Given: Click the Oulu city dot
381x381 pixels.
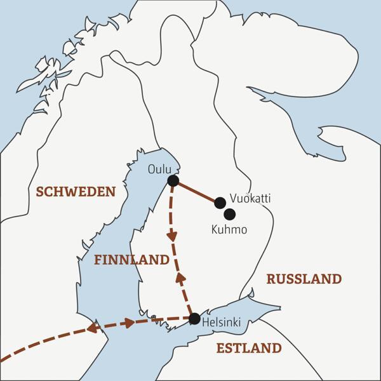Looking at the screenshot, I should coord(173,182).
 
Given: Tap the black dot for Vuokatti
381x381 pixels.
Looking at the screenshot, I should coord(220,203).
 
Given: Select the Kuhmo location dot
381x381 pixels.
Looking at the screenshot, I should coord(230,214).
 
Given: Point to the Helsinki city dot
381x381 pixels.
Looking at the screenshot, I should coord(194,318).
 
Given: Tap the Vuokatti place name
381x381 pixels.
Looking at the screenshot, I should coord(251,199).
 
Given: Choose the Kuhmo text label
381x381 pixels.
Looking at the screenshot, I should coord(229,230).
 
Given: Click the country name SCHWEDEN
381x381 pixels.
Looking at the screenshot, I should coord(76,191).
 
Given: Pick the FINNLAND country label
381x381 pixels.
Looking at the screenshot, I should coord(131,260).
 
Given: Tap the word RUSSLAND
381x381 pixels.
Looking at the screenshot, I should coord(304,279).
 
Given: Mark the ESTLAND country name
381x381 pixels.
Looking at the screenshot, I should coord(248,348).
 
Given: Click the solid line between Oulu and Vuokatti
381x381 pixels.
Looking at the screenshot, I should coord(196,192).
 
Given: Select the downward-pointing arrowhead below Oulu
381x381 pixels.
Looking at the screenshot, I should coord(171,236).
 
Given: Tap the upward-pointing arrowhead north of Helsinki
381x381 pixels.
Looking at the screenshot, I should coord(180,277).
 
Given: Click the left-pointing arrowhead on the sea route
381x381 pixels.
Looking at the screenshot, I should coord(92,328).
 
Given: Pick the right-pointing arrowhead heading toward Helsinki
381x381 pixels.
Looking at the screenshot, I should coord(130,323).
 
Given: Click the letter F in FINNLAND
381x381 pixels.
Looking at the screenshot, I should coord(98,260).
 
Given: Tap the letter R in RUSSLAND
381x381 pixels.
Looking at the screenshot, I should coord(271,279).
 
